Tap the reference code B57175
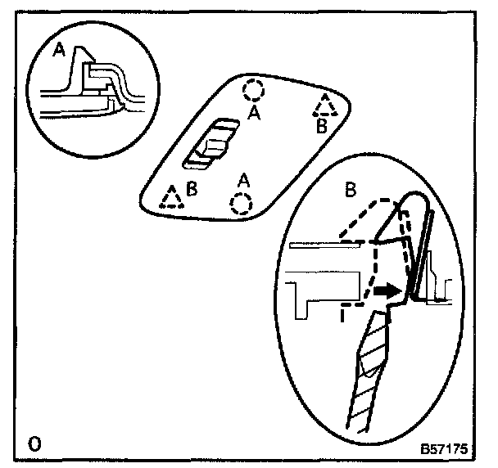[443, 449]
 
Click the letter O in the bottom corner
[34, 446]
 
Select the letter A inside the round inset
[58, 51]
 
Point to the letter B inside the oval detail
[350, 190]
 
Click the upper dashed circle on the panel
[254, 88]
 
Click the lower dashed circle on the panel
[240, 202]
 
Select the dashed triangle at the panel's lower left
[172, 198]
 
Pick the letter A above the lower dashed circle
[242, 178]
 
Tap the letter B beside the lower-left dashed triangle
[192, 188]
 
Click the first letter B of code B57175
[425, 449]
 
